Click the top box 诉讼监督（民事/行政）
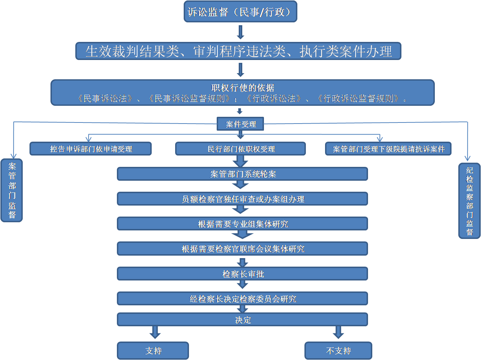[240, 12]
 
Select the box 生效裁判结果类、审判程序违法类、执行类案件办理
[238, 51]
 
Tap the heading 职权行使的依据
[243, 88]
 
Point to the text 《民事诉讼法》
[106, 99]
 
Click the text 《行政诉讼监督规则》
[358, 99]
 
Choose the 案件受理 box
[240, 124]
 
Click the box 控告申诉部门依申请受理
[91, 149]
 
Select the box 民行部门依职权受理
[240, 149]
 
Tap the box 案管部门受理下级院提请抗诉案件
[388, 149]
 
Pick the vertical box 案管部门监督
[12, 190]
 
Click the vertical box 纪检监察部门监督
[469, 201]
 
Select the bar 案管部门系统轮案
[242, 174]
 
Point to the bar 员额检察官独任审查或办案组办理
[242, 199]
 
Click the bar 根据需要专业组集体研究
[242, 224]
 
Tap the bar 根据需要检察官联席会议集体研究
[242, 249]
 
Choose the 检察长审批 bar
[242, 274]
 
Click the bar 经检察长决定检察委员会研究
[242, 299]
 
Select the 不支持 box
[338, 350]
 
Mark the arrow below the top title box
[240, 32]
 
